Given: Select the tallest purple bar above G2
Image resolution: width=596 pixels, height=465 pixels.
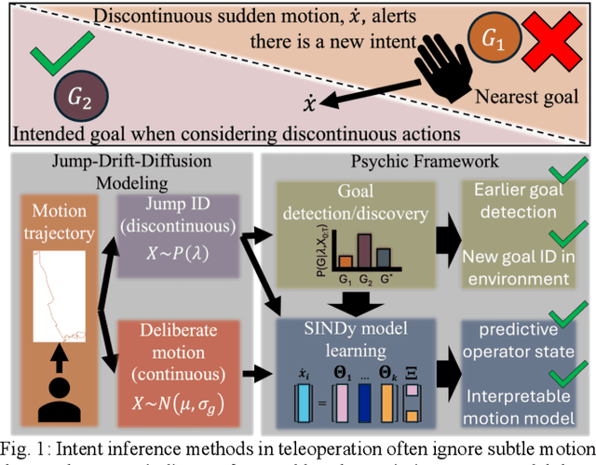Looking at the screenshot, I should (x=364, y=252).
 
